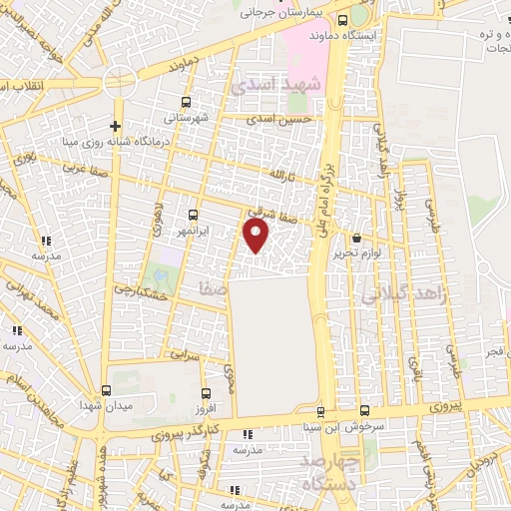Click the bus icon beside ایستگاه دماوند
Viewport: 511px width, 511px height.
pos(343,19)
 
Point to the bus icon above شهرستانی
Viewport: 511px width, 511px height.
pos(187,102)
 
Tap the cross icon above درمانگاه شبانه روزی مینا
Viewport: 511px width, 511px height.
pos(116,126)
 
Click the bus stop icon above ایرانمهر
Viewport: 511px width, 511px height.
pos(195,214)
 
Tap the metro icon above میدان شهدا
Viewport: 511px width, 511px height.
pos(107,390)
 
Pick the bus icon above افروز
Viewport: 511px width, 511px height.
pos(206,393)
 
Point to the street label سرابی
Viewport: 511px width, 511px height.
pos(185,354)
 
